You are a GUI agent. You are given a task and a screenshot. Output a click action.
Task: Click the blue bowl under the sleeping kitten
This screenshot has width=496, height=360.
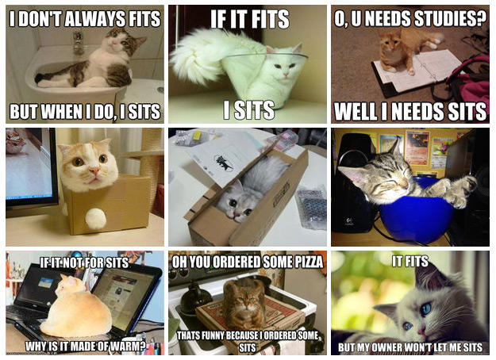tap(417, 213)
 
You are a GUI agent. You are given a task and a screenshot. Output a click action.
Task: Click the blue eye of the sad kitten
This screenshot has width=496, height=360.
tap(427, 308)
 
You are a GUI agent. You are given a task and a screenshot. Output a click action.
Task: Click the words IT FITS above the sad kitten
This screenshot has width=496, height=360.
tap(410, 260)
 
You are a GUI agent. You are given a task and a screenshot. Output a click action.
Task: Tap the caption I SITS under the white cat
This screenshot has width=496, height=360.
tap(248, 110)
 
